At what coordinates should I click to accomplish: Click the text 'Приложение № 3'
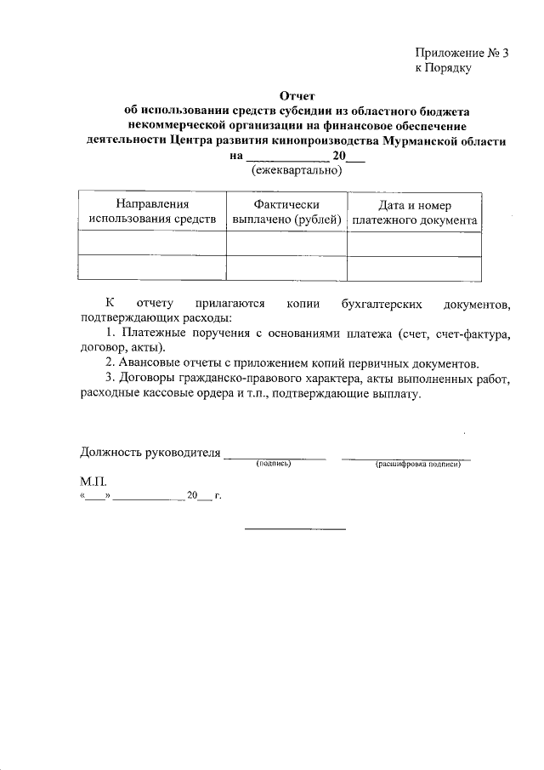[x=461, y=53]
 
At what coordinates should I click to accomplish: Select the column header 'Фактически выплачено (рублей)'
[x=286, y=212]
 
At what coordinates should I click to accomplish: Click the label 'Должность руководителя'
[x=150, y=451]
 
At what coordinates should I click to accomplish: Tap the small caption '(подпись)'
[x=274, y=465]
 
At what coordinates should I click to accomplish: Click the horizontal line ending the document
[x=296, y=530]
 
